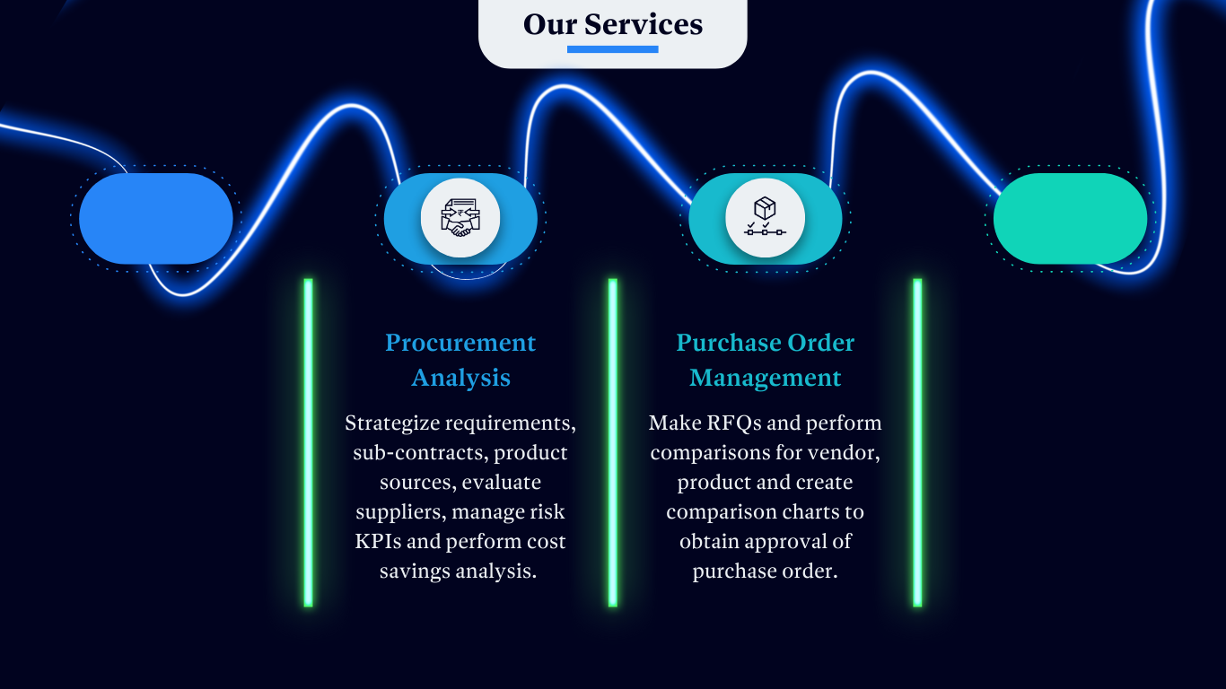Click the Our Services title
click(613, 24)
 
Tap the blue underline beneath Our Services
click(613, 49)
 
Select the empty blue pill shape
click(156, 218)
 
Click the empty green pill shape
click(1070, 218)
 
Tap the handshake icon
click(460, 218)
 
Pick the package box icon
click(765, 218)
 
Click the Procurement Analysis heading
click(460, 360)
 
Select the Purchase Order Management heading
click(765, 360)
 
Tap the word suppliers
click(400, 512)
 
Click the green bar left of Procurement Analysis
click(308, 442)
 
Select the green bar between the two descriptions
click(613, 442)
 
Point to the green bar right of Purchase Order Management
click(917, 442)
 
